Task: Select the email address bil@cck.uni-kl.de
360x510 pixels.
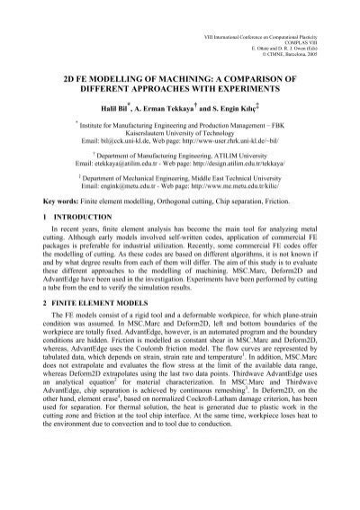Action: pos(116,142)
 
